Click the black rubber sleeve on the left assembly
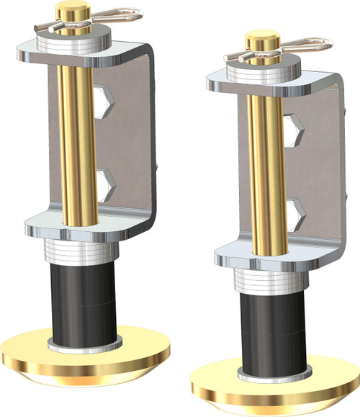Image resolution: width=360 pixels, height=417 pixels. tap(81, 302)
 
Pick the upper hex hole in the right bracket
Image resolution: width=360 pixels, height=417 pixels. tap(292, 130)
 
